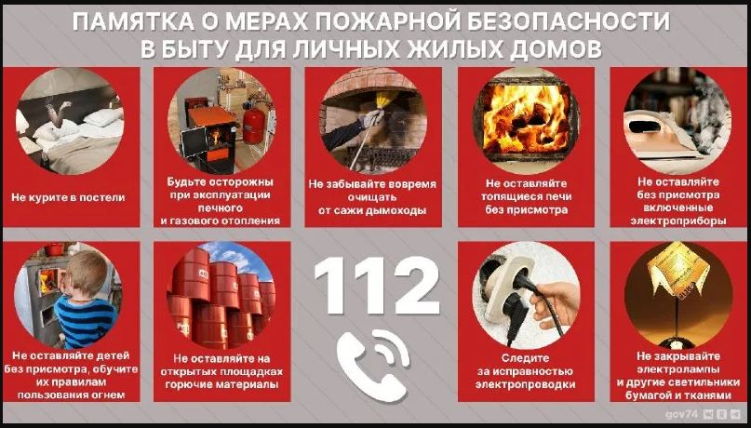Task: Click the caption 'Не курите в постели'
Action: (68, 197)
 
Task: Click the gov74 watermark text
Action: (681, 412)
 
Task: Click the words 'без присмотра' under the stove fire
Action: (524, 210)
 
